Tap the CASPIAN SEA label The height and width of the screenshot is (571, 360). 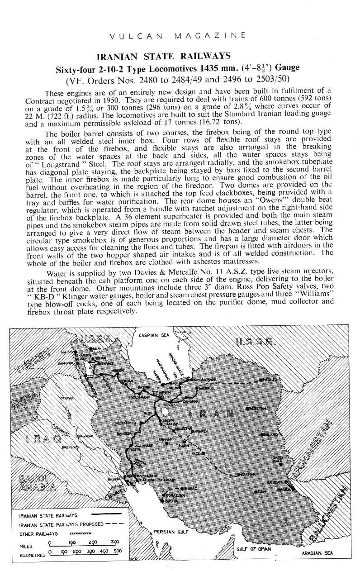point(154,335)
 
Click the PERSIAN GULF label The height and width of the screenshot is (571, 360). point(171,532)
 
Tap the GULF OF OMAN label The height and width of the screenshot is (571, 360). point(253,549)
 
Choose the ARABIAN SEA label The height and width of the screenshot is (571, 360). point(317,553)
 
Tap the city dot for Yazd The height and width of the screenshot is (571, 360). point(203,452)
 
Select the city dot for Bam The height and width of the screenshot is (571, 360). point(256,492)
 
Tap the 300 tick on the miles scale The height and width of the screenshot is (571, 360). point(114,544)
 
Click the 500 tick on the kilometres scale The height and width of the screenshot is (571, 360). point(118,554)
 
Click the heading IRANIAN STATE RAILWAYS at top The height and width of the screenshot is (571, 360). point(164,56)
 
